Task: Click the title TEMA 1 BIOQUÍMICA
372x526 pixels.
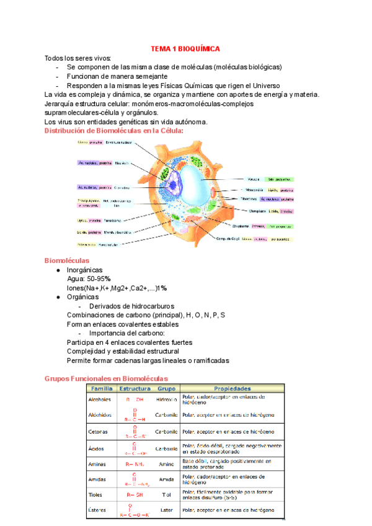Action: (185, 48)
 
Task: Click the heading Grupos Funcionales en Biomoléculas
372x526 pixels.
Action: (107, 378)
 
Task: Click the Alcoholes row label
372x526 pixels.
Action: (99, 400)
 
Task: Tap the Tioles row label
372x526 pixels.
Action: (96, 494)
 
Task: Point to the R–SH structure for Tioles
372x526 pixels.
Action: (135, 494)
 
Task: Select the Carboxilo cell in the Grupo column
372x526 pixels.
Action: (166, 447)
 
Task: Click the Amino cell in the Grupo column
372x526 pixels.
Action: (166, 463)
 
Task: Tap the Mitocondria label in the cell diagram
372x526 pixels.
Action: (255, 190)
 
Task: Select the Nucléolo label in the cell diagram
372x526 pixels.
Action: (122, 163)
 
